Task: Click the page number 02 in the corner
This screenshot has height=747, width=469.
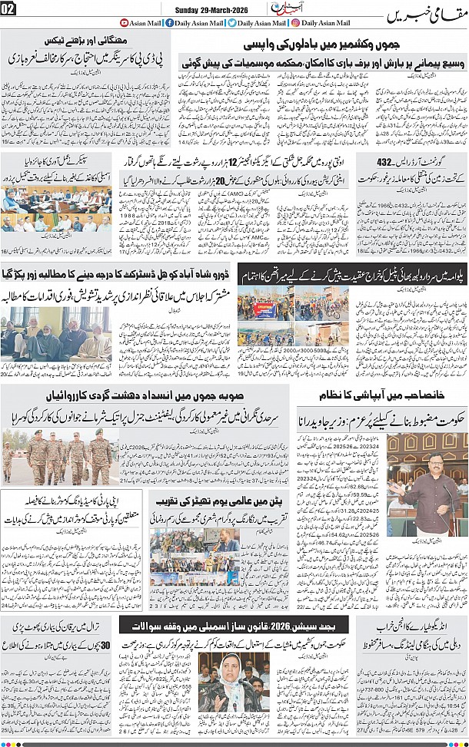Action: click(x=8, y=8)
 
